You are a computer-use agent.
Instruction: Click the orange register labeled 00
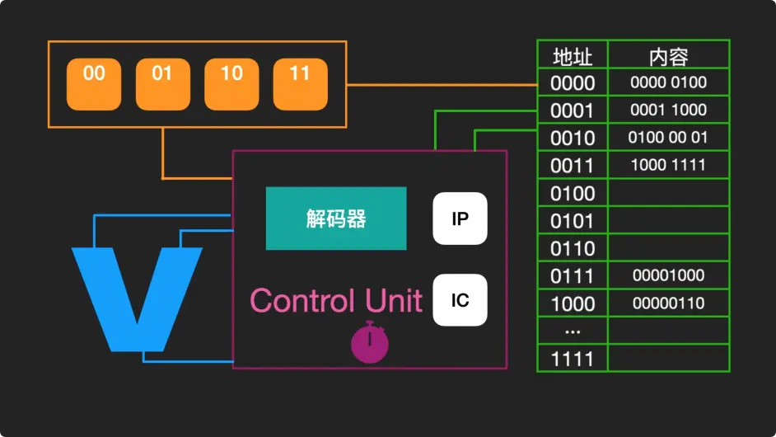[94, 84]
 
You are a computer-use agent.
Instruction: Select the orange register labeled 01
[162, 84]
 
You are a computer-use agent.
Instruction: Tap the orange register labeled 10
[231, 84]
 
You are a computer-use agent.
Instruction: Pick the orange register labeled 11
[300, 84]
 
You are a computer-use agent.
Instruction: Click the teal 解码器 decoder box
[336, 218]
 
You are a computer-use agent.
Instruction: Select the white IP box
[460, 218]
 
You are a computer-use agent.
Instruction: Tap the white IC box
[460, 299]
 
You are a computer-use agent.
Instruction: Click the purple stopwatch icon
[370, 342]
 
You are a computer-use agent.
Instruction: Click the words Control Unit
[336, 300]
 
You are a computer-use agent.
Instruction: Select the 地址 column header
[573, 55]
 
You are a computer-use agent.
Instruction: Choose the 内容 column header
[668, 55]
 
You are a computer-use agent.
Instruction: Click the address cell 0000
[573, 82]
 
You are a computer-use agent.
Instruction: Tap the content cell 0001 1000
[668, 110]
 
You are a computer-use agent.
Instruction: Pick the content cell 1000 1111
[668, 165]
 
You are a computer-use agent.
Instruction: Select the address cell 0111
[573, 275]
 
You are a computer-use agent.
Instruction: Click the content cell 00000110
[668, 303]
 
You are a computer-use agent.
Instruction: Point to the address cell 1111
[573, 359]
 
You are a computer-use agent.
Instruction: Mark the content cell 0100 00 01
[668, 138]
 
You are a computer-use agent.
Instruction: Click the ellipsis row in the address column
[573, 331]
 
